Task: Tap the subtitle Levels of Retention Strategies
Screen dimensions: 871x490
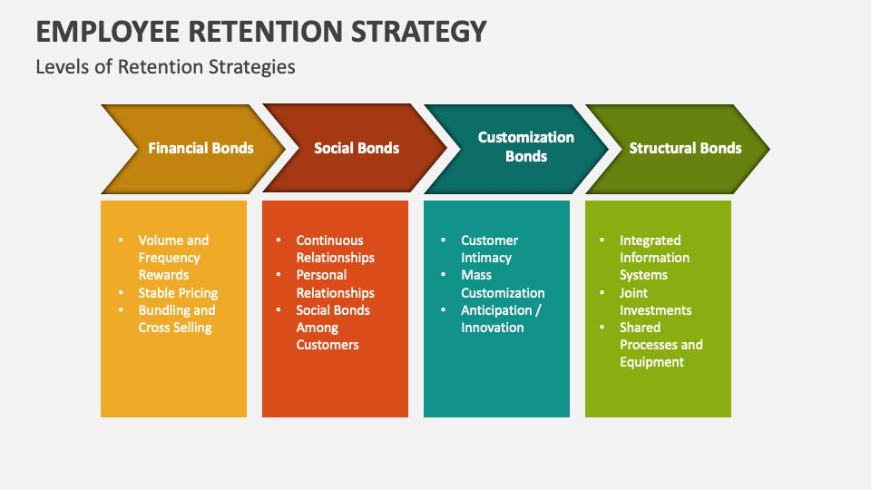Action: [165, 67]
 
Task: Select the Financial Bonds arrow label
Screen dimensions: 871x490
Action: [201, 148]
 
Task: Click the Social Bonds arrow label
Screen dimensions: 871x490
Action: [357, 148]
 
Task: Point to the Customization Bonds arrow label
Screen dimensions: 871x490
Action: [526, 147]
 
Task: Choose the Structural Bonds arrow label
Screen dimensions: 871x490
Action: [685, 148]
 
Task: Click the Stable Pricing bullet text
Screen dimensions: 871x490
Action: [178, 293]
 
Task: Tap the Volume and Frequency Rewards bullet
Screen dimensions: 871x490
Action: [173, 257]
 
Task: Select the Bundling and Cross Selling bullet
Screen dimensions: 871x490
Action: [177, 318]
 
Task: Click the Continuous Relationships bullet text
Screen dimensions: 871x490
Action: [335, 249]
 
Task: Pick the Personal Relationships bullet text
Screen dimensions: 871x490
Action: [335, 284]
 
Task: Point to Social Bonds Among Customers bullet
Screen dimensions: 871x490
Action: [333, 328]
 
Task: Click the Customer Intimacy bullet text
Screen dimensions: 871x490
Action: [489, 249]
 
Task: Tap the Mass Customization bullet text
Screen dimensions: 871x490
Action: [503, 284]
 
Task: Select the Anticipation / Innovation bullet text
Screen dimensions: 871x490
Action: [501, 318]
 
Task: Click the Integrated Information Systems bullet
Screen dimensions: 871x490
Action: [654, 257]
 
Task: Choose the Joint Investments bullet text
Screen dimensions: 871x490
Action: [655, 301]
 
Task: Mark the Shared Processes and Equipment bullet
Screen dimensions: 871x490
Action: [661, 345]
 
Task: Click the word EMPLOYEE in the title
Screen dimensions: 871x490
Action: [108, 31]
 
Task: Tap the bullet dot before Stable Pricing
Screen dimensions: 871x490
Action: [121, 292]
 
